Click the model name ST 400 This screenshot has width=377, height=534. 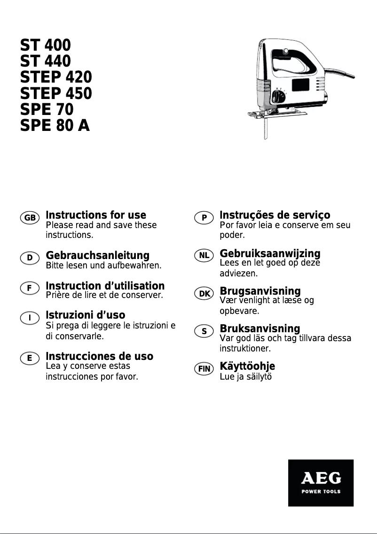coord(45,46)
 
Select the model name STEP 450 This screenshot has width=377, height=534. coord(56,93)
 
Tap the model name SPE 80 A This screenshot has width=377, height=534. coord(55,126)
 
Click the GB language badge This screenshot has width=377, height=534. coord(30,218)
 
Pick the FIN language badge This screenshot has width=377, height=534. coord(204,369)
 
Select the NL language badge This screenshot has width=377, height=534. coord(204,256)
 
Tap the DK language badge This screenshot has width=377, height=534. coord(204,294)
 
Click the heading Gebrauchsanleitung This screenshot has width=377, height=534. coord(97,256)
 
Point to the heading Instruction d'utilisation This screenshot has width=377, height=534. coord(105,286)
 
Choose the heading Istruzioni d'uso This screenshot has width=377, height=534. coord(85,314)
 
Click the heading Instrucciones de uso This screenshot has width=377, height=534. coord(99,357)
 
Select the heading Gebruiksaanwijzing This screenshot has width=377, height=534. coord(270,253)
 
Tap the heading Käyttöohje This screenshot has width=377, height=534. coord(247,366)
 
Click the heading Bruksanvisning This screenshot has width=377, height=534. coord(259,328)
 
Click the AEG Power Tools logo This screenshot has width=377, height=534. coord(321,482)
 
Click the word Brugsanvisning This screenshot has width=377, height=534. coord(260,291)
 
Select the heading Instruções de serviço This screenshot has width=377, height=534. coord(275,215)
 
